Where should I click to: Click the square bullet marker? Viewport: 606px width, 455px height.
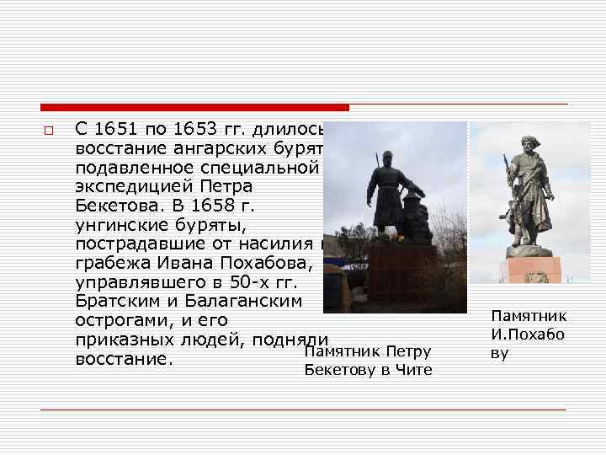(x=48, y=131)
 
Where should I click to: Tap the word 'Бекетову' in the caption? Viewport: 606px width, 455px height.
(x=340, y=370)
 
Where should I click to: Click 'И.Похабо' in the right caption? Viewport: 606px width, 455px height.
(x=528, y=335)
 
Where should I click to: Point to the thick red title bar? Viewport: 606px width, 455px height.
(x=194, y=108)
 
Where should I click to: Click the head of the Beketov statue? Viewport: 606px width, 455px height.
(x=386, y=158)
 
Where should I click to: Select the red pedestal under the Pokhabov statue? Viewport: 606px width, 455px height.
(x=529, y=270)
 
